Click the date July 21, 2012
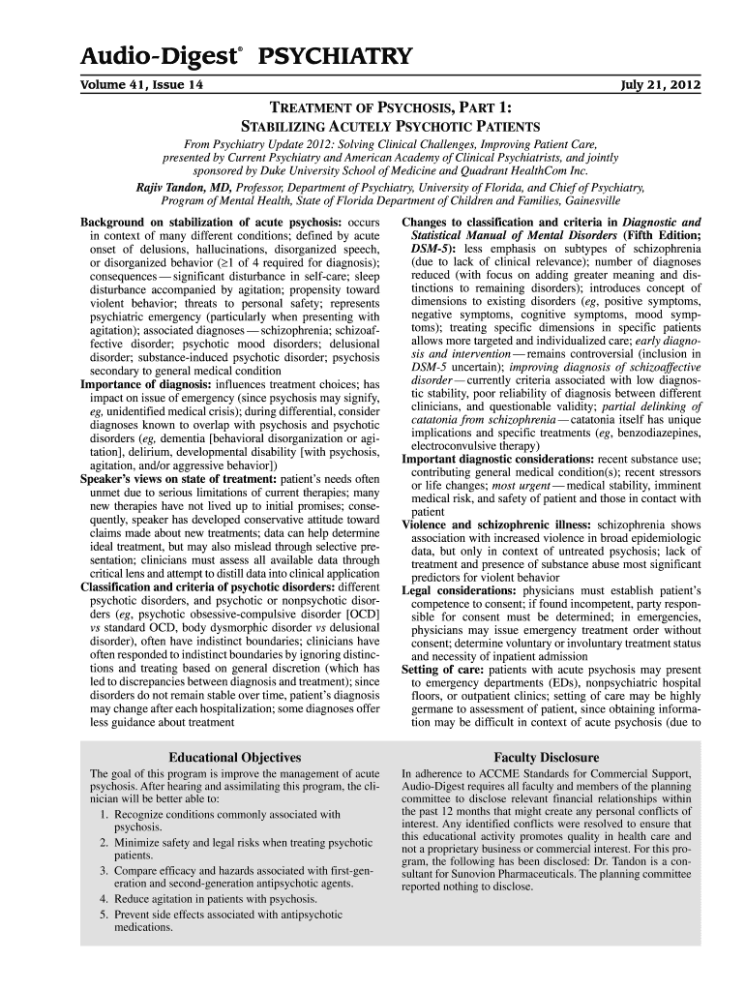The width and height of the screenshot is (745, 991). coord(662,85)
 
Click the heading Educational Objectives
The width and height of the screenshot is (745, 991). coord(235,757)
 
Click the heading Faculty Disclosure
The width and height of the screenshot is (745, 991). coord(546,757)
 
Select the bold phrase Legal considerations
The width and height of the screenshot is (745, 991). coord(459,589)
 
